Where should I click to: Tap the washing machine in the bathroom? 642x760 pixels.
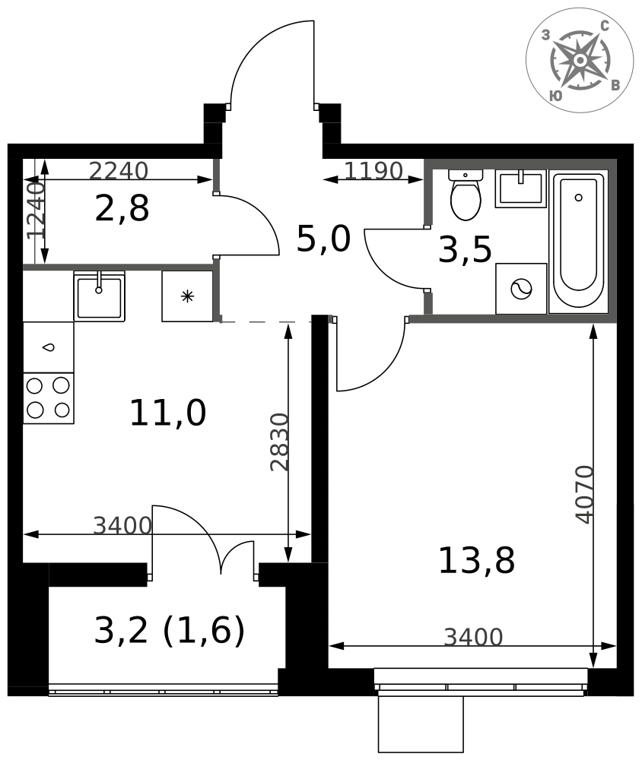coord(521,289)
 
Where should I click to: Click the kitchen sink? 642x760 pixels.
coord(100,296)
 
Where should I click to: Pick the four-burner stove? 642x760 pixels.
coord(49,398)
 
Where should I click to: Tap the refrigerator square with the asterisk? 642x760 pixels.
coord(187,296)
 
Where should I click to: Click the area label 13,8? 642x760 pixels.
coord(476,560)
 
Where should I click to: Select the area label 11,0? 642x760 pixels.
coord(168,413)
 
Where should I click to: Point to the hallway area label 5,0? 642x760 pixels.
coord(323,239)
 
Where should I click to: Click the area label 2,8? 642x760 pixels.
coord(122,208)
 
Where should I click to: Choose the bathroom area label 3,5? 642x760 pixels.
coord(465,249)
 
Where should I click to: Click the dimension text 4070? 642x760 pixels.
coord(584,495)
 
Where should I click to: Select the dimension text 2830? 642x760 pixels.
coord(279,442)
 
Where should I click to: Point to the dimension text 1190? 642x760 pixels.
coord(373,170)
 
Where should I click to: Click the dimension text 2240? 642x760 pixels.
coord(119,170)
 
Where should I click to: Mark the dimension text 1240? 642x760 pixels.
coord(36,210)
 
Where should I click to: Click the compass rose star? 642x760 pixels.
coord(580,60)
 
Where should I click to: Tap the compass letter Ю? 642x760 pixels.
coord(556,96)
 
